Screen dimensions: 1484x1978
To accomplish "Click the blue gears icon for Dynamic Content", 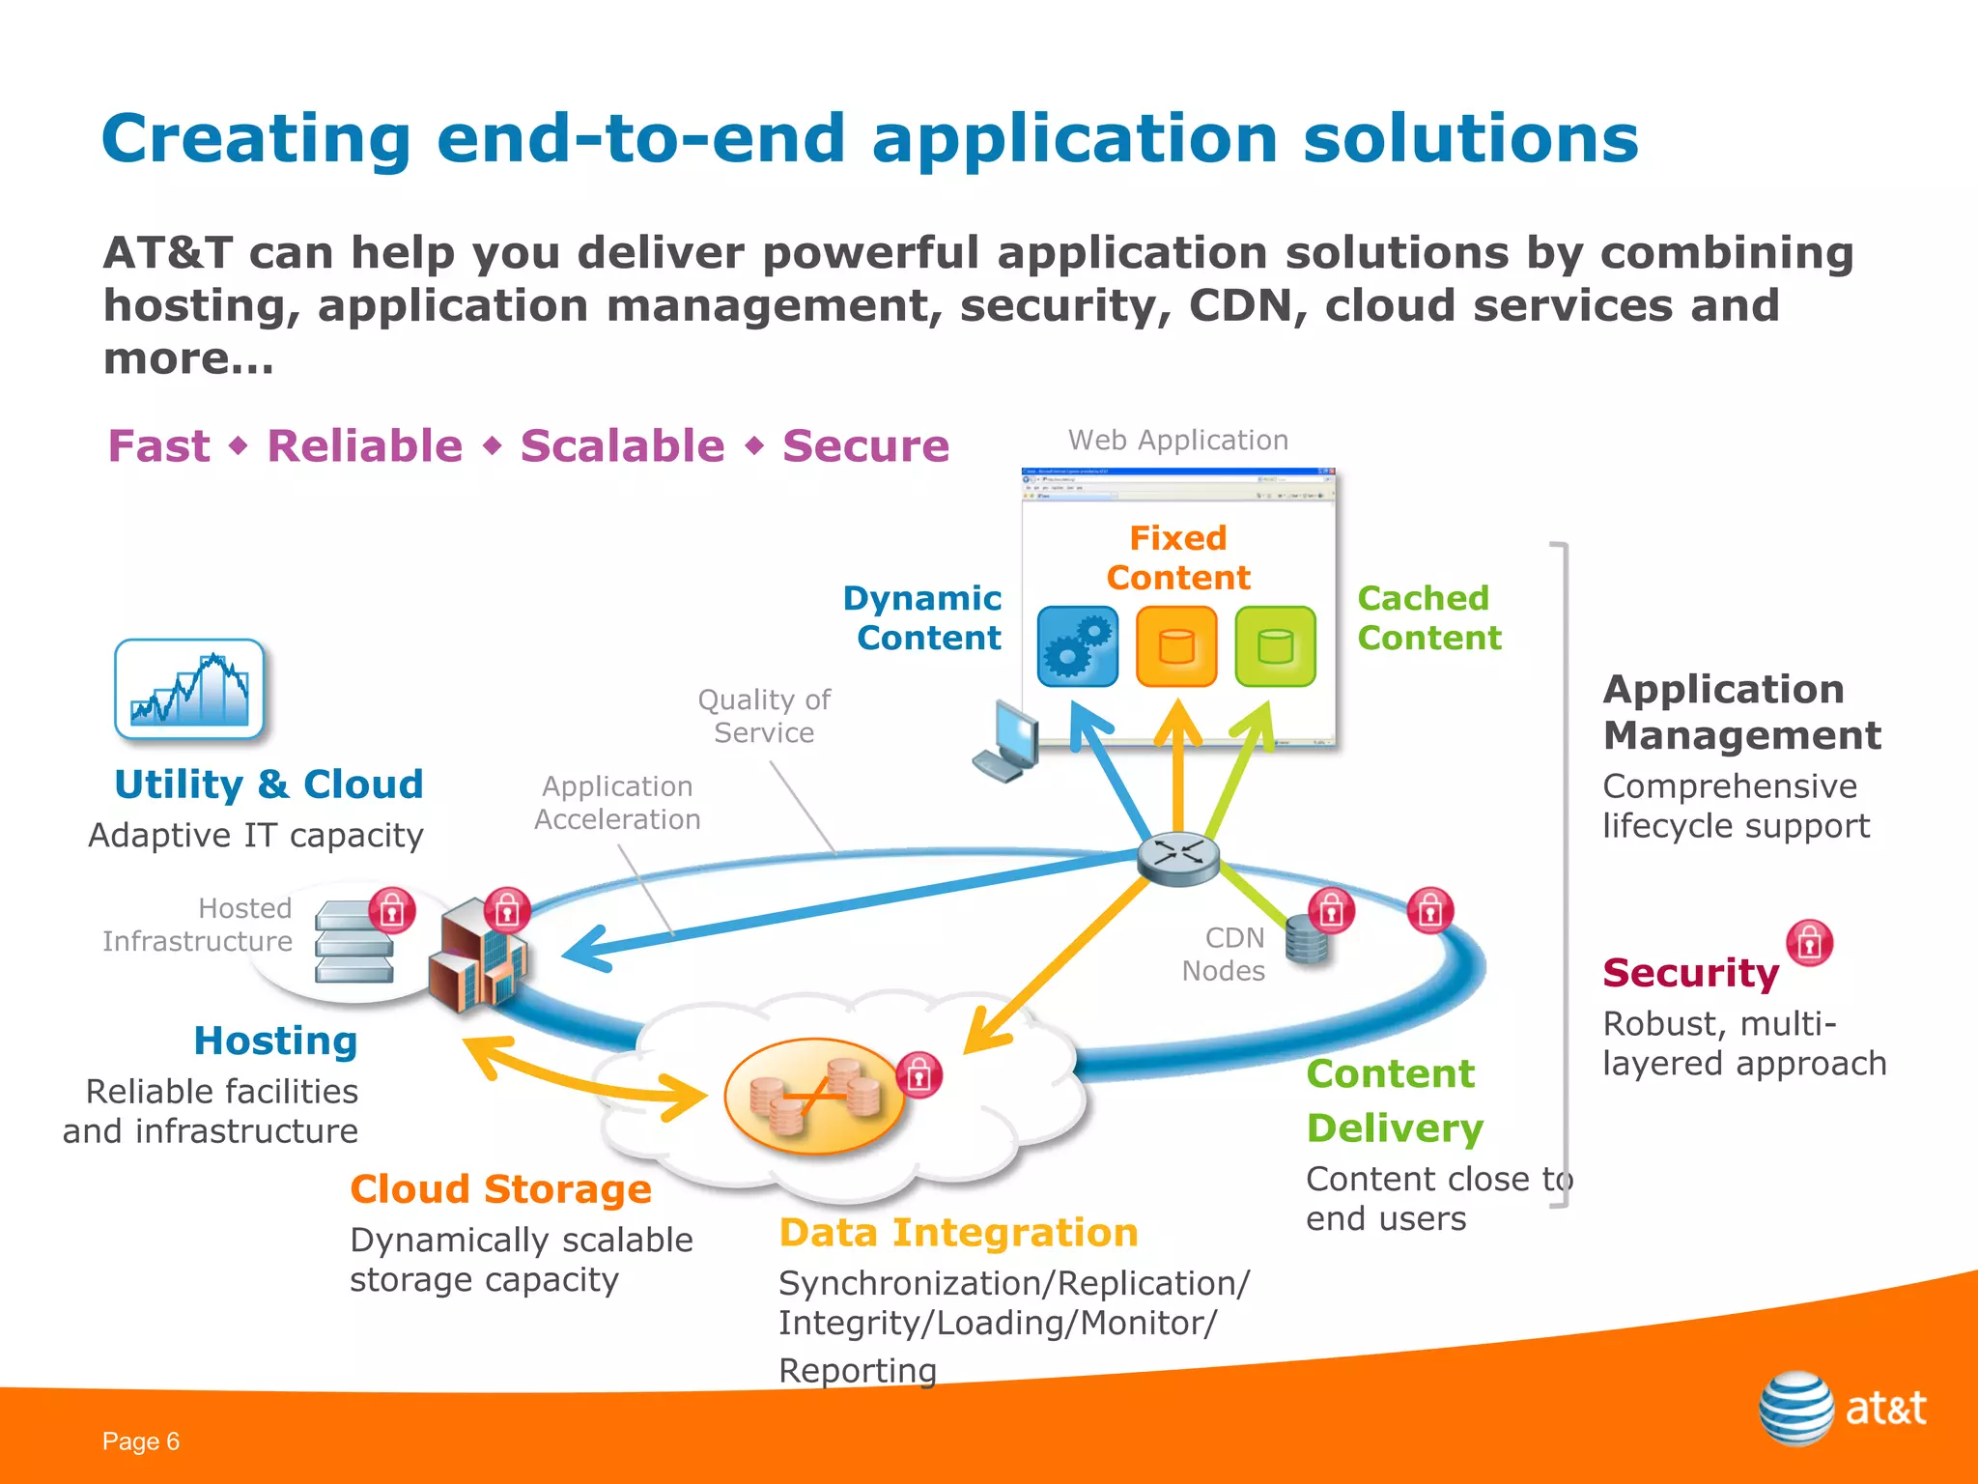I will (x=1078, y=646).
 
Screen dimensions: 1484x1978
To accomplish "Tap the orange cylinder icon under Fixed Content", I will (x=1176, y=646).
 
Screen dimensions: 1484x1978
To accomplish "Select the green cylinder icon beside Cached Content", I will (x=1275, y=646).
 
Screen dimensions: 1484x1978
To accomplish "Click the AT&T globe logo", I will (x=1795, y=1408).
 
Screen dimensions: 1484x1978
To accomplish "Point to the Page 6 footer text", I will (x=141, y=1441).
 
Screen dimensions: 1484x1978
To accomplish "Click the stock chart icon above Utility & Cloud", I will (x=189, y=689).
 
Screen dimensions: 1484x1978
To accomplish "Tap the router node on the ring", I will (x=1177, y=857).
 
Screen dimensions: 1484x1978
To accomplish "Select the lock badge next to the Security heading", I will (x=1809, y=943).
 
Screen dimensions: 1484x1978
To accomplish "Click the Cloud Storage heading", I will (x=500, y=1189).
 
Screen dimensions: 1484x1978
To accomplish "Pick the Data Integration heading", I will (x=958, y=1233).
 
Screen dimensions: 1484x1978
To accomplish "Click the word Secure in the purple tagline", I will (x=865, y=446).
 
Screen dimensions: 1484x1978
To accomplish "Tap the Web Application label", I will (x=1177, y=441).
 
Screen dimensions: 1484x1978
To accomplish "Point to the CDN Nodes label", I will (x=1224, y=954).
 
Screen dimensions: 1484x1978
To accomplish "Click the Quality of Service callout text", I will (x=764, y=716).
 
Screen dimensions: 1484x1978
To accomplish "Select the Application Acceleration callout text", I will (x=617, y=803).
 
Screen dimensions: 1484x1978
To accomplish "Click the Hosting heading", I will (x=275, y=1041).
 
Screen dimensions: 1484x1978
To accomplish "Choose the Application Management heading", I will (x=1741, y=712).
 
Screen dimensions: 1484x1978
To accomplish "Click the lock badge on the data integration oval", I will (x=918, y=1075).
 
